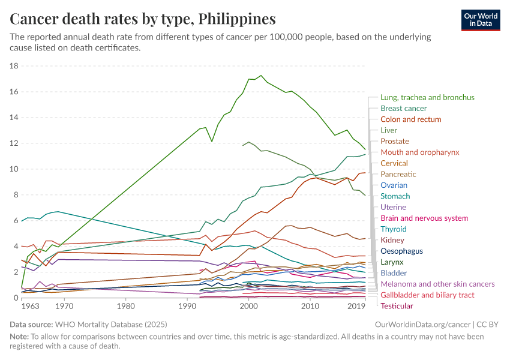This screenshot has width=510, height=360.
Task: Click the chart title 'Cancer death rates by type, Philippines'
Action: (x=143, y=19)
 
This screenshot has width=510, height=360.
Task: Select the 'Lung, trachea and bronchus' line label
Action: (x=427, y=97)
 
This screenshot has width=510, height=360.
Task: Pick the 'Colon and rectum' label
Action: (x=410, y=119)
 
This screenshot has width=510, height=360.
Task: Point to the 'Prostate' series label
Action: (x=395, y=141)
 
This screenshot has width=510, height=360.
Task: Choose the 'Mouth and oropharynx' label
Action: (x=419, y=152)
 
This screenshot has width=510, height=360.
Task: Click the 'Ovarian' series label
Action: (x=394, y=185)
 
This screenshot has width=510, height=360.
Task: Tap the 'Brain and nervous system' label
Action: (x=424, y=218)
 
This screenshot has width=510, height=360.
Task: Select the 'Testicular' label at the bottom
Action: (x=397, y=306)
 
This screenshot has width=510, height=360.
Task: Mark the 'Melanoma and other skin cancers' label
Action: (x=437, y=284)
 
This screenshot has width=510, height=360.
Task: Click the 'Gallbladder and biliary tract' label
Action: (x=427, y=295)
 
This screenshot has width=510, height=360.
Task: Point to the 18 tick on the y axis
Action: (x=15, y=66)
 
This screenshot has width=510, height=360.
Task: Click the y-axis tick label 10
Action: (x=15, y=169)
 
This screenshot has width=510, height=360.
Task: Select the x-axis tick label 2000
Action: (x=248, y=307)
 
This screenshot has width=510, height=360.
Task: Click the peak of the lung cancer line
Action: (x=260, y=76)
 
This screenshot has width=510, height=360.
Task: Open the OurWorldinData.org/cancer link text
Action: (x=418, y=325)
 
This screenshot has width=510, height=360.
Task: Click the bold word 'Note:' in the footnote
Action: (x=20, y=337)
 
